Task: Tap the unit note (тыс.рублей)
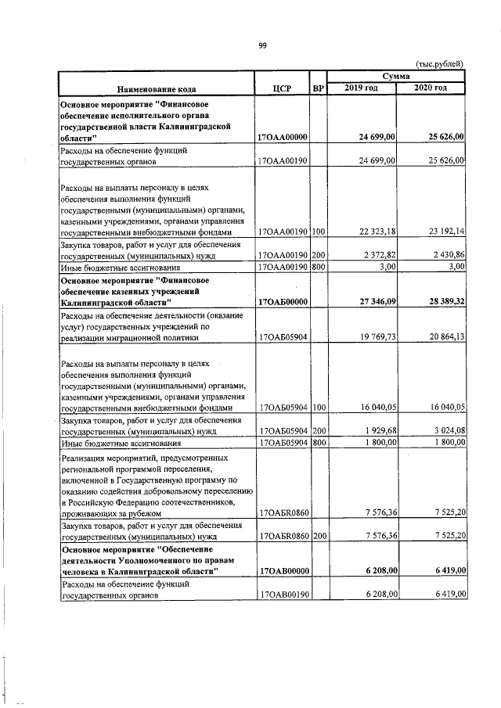[440, 63]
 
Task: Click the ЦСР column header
[282, 89]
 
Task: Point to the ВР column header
[318, 89]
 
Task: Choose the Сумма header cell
[397, 77]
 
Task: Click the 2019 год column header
[362, 88]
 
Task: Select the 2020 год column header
[431, 88]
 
